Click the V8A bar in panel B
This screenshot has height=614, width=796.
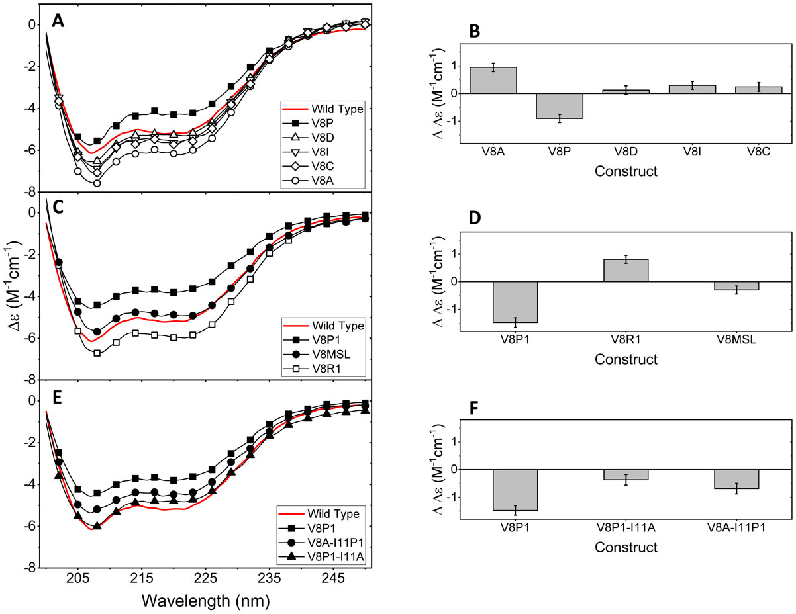coord(494,80)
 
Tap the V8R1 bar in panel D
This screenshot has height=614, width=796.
coord(626,270)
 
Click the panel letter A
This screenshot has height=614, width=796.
coord(58,22)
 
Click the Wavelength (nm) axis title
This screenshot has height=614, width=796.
coord(205,601)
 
